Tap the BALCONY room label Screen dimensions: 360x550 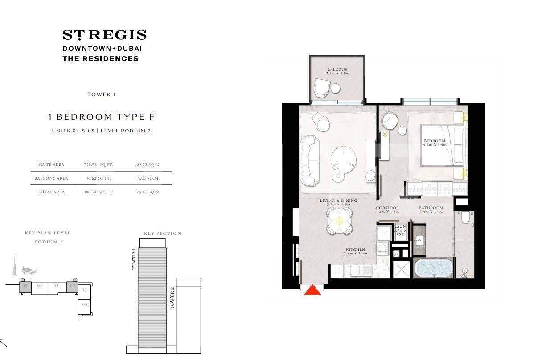tap(337, 70)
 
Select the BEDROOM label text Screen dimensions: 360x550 tap(435, 141)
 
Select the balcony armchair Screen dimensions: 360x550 tap(321, 87)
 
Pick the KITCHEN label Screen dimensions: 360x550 tap(355, 250)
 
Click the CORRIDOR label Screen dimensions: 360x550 tap(387, 208)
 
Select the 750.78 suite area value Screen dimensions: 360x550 tap(90, 164)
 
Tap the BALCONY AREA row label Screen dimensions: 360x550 tap(51, 178)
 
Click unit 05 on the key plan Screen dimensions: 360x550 tap(25, 286)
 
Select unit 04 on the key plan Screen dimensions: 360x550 tap(85, 305)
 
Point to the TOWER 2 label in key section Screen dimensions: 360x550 tap(172, 298)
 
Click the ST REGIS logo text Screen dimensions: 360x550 tap(104, 35)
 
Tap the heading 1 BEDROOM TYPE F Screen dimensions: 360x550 tap(102, 117)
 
